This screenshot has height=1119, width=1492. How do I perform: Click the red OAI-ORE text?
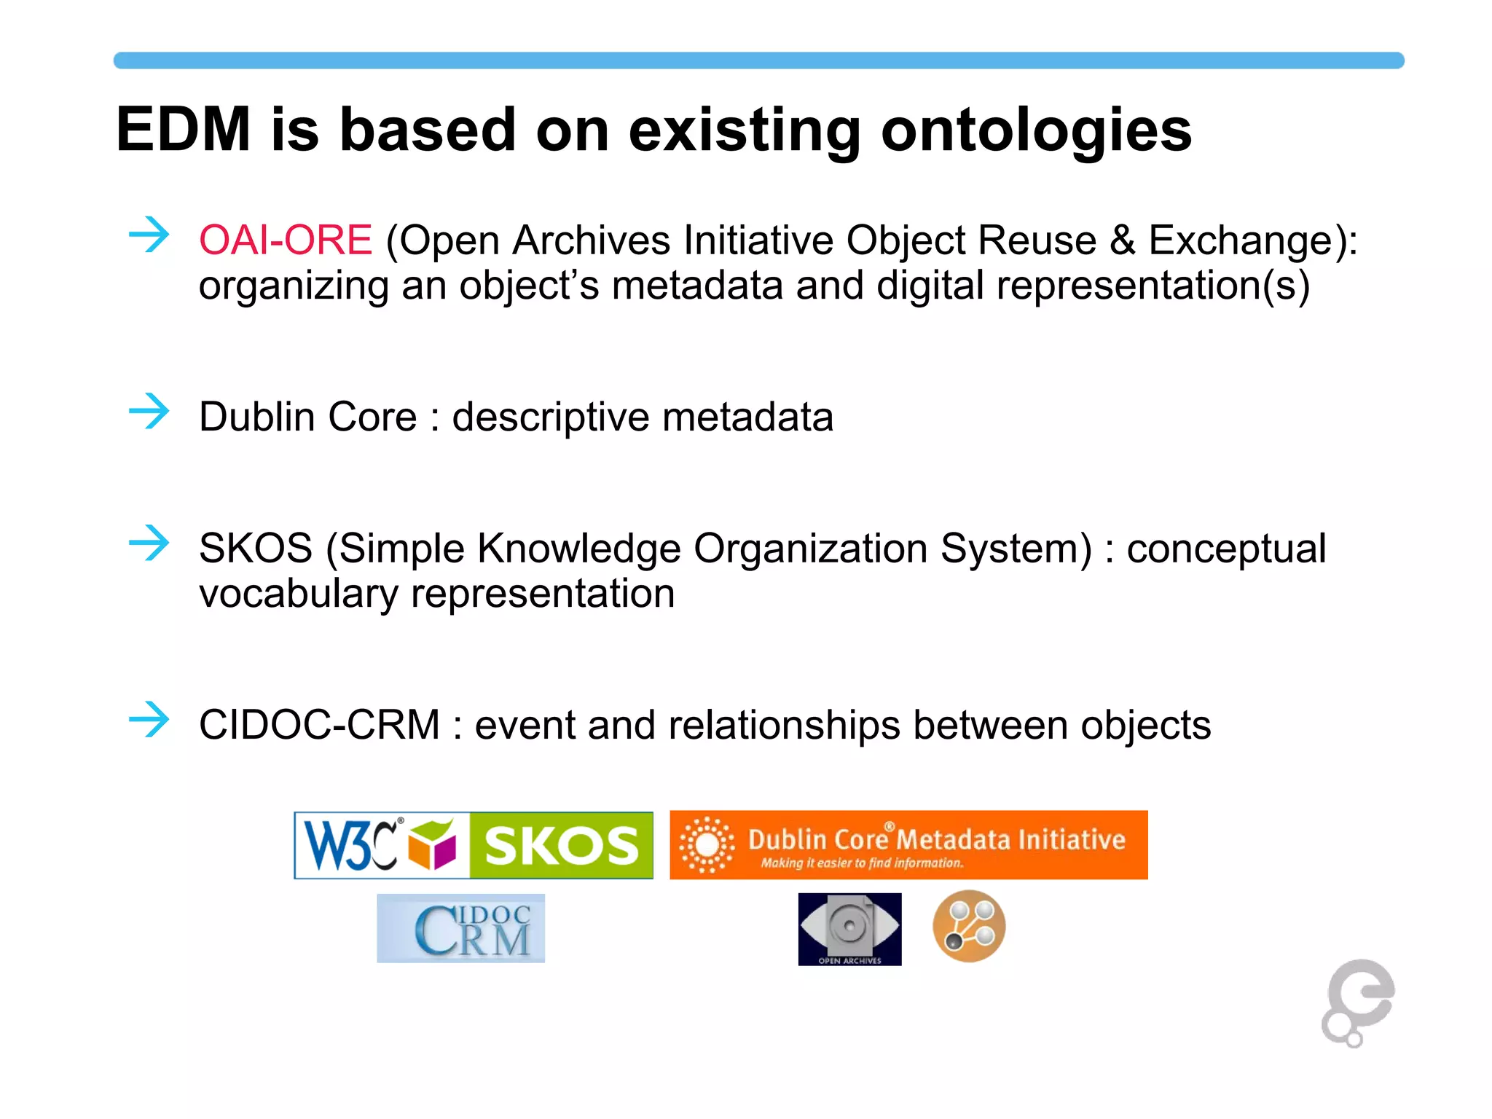pos(286,240)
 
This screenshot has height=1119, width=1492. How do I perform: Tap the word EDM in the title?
pos(184,130)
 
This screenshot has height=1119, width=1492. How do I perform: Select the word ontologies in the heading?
pos(1036,131)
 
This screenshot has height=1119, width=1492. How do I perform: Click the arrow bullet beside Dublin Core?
pos(149,412)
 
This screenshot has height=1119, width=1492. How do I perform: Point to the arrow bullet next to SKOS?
pos(149,543)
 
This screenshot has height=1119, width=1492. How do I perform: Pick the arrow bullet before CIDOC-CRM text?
pos(149,720)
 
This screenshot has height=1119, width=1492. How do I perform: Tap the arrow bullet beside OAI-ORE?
pos(149,235)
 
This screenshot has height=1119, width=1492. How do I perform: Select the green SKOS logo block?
pos(561,845)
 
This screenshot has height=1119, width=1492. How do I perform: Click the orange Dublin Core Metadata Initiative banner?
pos(908,845)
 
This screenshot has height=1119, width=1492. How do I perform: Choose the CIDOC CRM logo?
pos(460,928)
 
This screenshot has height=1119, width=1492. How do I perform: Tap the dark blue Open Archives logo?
pos(849,929)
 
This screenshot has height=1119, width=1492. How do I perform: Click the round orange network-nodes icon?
pos(969,927)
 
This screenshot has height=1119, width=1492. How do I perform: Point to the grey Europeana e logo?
pos(1358,1002)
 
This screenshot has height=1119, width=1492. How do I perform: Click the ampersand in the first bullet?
pos(1123,240)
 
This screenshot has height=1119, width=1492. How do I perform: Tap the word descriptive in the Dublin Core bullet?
pos(550,417)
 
